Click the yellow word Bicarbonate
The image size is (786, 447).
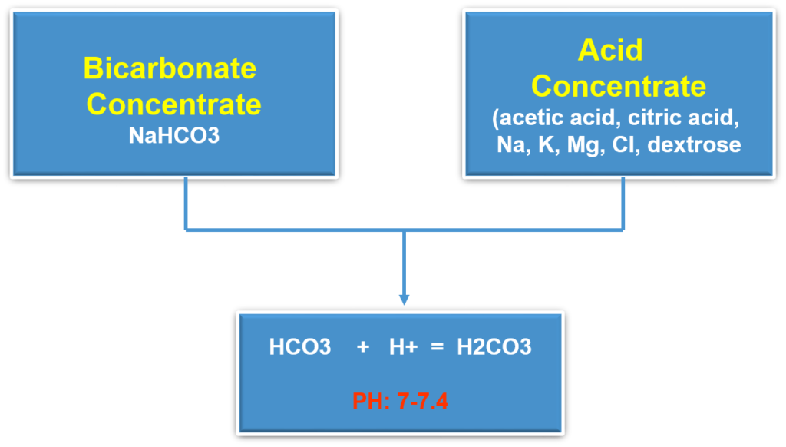pyautogui.click(x=170, y=69)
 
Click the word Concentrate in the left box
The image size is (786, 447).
pyautogui.click(x=174, y=104)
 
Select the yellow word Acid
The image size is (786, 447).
pyautogui.click(x=610, y=51)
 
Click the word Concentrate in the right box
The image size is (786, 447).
pyautogui.click(x=619, y=86)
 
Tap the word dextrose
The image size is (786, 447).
pyautogui.click(x=694, y=144)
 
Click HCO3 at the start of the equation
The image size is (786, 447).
pyautogui.click(x=299, y=347)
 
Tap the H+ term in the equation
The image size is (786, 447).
pyautogui.click(x=403, y=347)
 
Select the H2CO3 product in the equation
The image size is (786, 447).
pyautogui.click(x=494, y=347)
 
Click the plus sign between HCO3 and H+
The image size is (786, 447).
pyautogui.click(x=363, y=347)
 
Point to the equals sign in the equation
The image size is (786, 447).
pyautogui.click(x=437, y=347)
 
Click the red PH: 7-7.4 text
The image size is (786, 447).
pyautogui.click(x=400, y=401)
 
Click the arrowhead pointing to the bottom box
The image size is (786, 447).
pyautogui.click(x=404, y=299)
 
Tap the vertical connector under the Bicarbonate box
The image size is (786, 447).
pyautogui.click(x=187, y=204)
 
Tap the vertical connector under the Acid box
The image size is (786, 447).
pyautogui.click(x=623, y=204)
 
